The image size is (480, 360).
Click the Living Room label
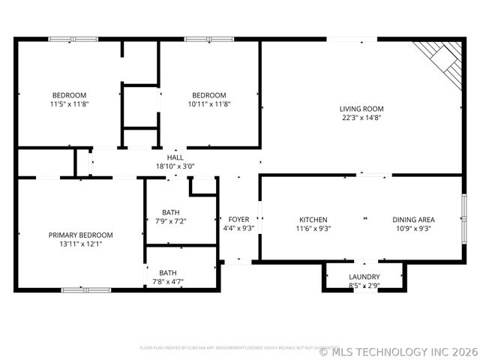click(361, 109)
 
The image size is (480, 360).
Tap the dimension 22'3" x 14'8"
click(361, 118)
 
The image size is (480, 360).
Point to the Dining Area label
click(413, 220)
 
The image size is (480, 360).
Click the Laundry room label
click(364, 277)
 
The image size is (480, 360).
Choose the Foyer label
click(238, 220)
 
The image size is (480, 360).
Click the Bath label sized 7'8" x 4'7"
click(168, 273)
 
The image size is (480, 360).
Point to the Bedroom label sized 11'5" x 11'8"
click(69, 95)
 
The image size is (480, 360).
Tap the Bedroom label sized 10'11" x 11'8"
click(208, 95)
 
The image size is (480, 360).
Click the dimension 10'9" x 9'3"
click(413, 229)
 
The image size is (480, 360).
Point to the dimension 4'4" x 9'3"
click(238, 229)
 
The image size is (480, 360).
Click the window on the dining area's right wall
click(463, 219)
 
